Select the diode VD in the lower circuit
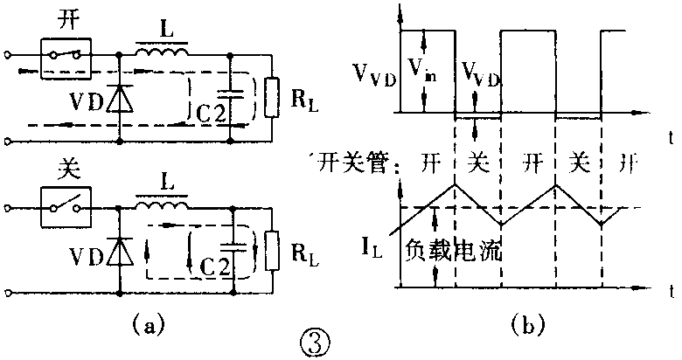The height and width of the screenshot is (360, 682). coord(118,254)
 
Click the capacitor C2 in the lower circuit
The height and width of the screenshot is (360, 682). coord(232,253)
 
